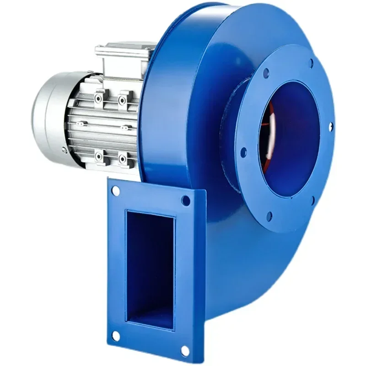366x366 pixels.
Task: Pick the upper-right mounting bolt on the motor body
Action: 123,99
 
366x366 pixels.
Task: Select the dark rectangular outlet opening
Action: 149,270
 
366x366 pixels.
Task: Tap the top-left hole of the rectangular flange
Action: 116,190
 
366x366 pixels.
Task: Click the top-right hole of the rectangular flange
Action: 185,200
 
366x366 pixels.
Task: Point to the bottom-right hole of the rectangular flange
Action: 185,351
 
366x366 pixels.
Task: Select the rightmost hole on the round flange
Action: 331,124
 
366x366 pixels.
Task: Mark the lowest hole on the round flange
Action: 269,214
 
